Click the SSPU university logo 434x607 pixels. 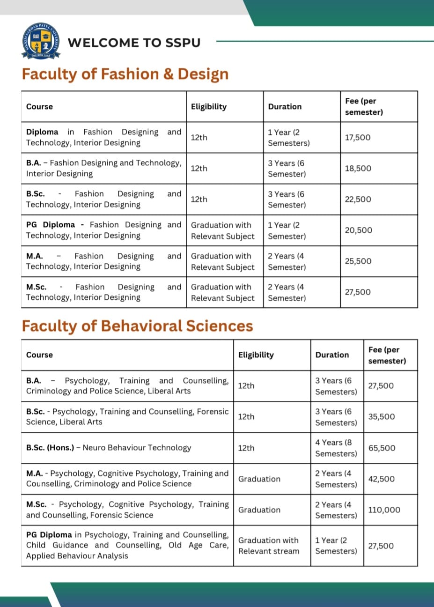pos(41,42)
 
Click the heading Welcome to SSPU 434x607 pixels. pos(134,43)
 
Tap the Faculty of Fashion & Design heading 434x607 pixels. pos(125,74)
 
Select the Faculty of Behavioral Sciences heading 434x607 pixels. pos(137,326)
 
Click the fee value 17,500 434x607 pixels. pos(357,137)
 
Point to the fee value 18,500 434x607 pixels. pos(358,168)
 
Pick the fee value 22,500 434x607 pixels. pos(358,199)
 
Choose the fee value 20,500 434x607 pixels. pos(358,230)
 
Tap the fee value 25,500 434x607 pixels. pos(358,261)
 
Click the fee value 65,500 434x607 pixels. pos(382,448)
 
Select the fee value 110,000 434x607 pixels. pos(384,510)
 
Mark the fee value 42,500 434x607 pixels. pos(381,479)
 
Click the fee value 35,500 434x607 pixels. pos(381,416)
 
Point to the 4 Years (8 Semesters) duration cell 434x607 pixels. pos(336,448)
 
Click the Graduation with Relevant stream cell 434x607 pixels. pos(268,546)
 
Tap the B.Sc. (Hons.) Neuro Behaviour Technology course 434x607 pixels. pos(109,448)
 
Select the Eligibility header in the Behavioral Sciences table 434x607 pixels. pos(256,355)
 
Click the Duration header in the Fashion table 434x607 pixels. pos(285,107)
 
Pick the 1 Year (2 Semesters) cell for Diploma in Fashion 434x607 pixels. pos(288,138)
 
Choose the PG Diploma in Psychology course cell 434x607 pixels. pos(127,545)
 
